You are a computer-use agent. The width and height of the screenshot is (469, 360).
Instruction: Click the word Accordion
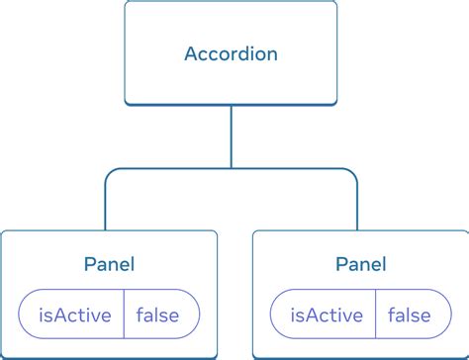(232, 53)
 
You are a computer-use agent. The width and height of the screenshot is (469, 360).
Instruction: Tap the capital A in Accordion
(192, 53)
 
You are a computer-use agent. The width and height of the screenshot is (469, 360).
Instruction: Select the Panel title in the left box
(109, 264)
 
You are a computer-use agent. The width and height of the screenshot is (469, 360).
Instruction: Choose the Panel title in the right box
(360, 264)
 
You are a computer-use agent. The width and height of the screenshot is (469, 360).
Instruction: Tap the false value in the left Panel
(158, 316)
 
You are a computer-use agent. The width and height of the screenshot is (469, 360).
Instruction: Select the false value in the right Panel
(410, 316)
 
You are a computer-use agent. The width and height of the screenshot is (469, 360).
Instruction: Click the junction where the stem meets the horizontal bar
(232, 169)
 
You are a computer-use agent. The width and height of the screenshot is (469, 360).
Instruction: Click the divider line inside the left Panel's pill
(124, 316)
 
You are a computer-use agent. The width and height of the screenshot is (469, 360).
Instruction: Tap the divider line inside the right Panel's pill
(375, 316)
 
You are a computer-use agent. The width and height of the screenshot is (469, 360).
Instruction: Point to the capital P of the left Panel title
(89, 264)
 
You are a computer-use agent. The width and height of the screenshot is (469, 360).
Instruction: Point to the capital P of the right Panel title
(341, 264)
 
